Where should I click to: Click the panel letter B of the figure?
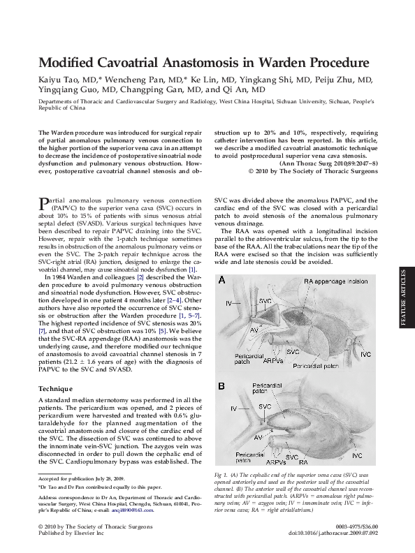(x=221, y=386)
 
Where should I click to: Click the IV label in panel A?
(x=229, y=303)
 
